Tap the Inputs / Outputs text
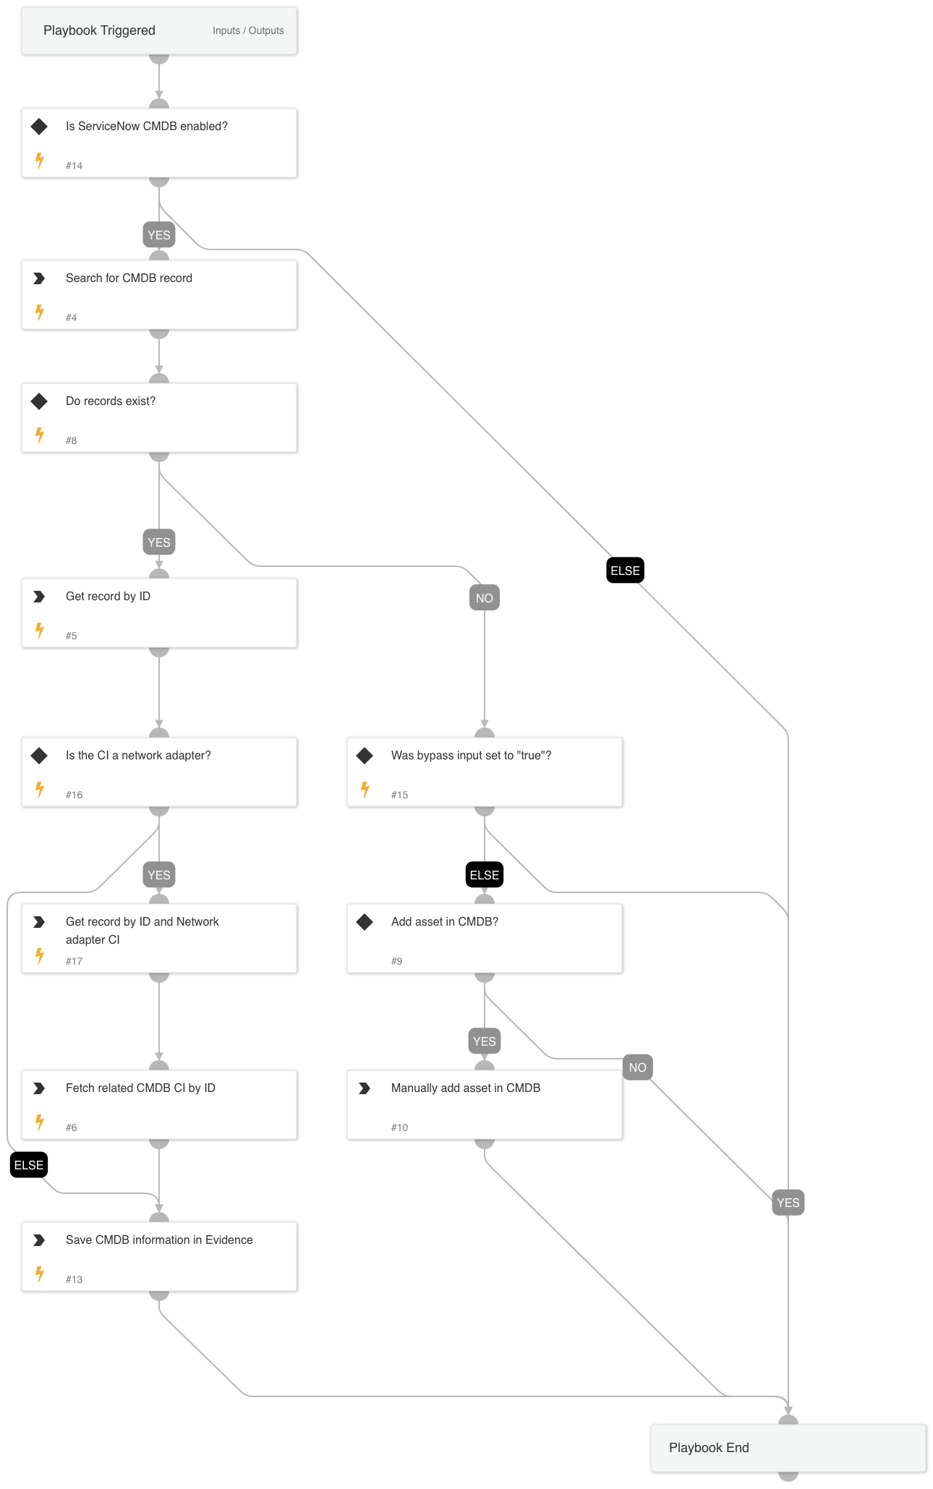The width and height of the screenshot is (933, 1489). tap(248, 31)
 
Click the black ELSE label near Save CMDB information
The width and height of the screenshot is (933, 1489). tap(29, 1165)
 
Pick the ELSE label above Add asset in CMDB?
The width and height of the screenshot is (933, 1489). tap(485, 875)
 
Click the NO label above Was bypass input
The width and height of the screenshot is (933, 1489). tap(485, 598)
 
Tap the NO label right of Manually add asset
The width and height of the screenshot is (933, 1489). tap(637, 1067)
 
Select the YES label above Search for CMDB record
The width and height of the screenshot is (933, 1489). tap(159, 235)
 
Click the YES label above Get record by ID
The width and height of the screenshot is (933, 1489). tap(159, 542)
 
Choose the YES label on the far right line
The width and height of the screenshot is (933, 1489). tap(788, 1203)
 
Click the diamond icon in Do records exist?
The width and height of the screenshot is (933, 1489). tap(40, 401)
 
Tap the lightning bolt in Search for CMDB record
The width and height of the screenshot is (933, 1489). tap(40, 312)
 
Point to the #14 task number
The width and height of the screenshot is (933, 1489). tap(74, 166)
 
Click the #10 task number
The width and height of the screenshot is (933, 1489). tap(399, 1127)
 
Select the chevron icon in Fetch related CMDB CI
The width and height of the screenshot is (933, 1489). tap(40, 1088)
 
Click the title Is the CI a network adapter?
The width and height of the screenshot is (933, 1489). tap(138, 756)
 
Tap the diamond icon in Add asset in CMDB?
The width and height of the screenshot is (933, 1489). tap(365, 922)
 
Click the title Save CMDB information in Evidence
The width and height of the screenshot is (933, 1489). tap(159, 1240)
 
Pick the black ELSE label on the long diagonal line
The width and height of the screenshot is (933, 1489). tap(625, 571)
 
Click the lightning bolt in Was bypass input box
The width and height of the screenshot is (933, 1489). tap(365, 790)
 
